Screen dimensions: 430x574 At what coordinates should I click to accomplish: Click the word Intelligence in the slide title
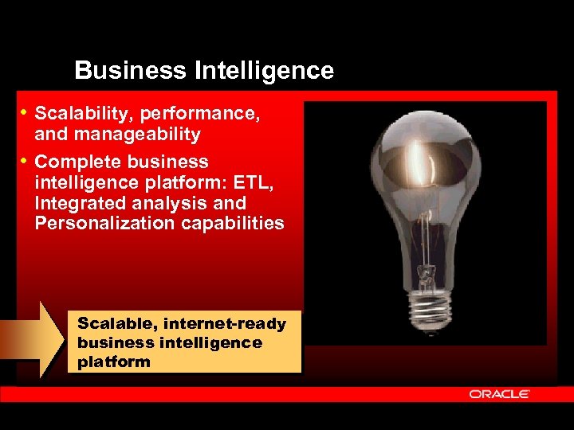[264, 71]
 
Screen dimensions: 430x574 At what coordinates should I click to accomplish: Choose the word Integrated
[79, 203]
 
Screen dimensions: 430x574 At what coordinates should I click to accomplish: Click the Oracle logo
[499, 394]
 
